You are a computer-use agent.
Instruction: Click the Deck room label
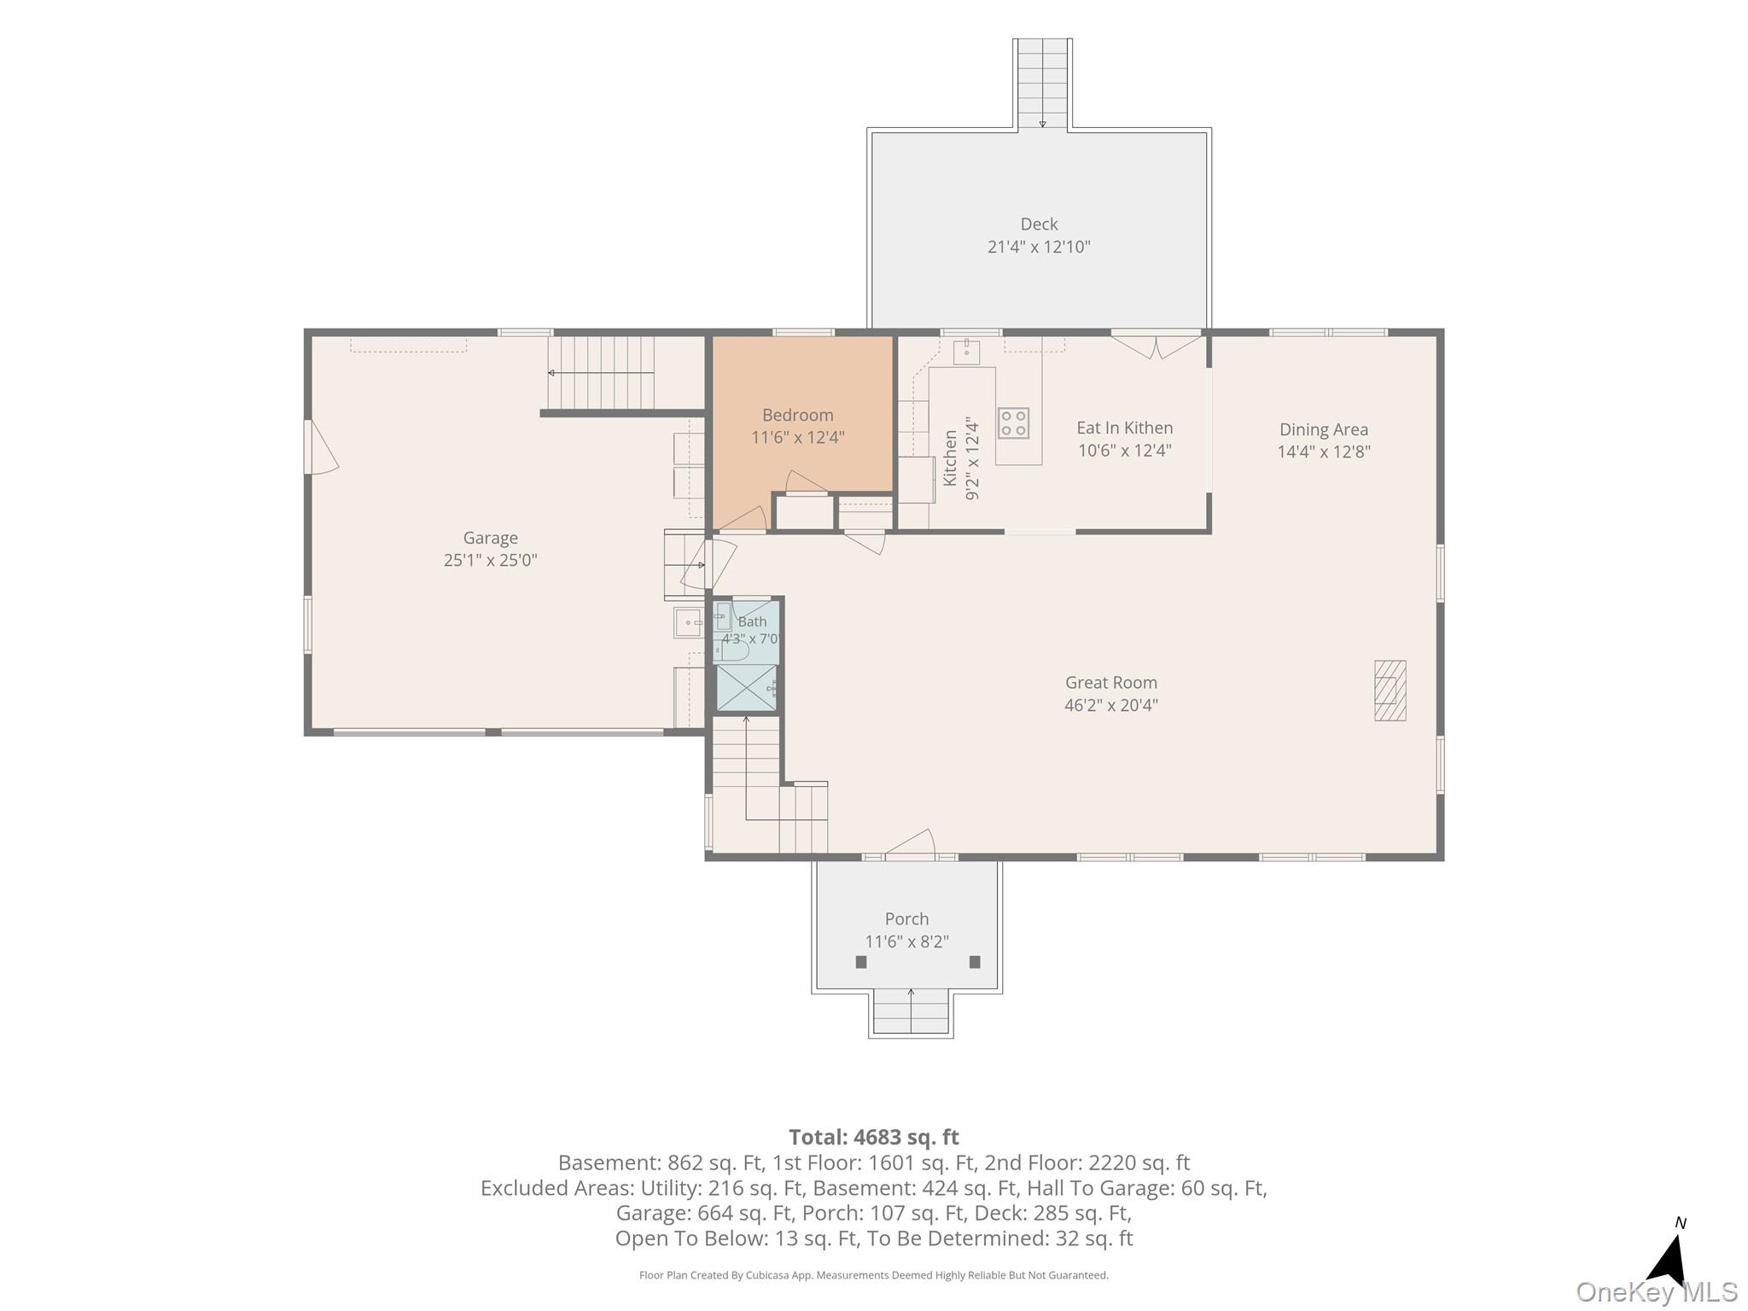coord(1039,224)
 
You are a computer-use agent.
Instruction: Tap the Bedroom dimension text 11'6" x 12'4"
coord(797,438)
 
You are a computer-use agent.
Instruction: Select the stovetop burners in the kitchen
coord(1013,423)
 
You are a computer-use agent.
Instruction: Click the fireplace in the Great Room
coord(1390,690)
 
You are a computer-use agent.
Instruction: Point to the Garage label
coord(490,539)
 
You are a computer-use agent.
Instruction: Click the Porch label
coord(906,919)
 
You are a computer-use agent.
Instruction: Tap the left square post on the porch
coord(861,962)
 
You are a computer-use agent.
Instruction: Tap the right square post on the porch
coord(975,962)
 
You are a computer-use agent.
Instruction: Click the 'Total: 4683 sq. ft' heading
coord(874,1137)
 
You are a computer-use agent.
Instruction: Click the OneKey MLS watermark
coord(1657,1292)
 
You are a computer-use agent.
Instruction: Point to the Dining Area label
coord(1323,430)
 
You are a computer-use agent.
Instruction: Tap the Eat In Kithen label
coord(1124,428)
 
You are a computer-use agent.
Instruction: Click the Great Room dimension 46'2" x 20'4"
coord(1110,705)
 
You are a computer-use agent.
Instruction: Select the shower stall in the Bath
coord(747,688)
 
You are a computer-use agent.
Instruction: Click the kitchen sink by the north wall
coord(966,352)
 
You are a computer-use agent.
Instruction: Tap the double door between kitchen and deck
coord(1156,345)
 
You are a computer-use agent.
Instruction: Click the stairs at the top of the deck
coord(1042,84)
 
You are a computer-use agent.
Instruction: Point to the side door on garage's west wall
coord(320,446)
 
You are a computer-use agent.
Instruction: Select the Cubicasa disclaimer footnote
coord(874,1275)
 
